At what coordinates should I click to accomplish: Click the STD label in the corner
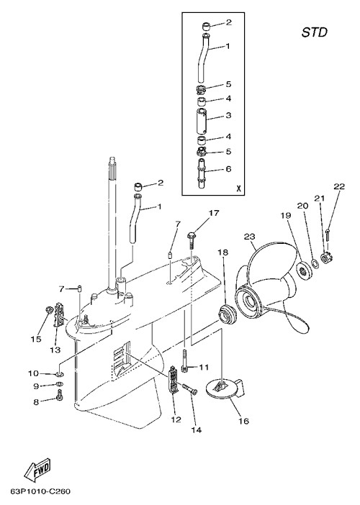[x=314, y=32]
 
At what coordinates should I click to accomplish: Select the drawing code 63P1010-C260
[x=40, y=492]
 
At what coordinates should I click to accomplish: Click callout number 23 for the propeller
[x=249, y=237]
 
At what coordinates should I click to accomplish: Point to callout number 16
[x=244, y=421]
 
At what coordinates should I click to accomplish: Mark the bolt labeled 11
[x=184, y=362]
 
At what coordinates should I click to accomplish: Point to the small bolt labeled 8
[x=59, y=395]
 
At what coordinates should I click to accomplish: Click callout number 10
[x=33, y=373]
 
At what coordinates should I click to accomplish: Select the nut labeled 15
[x=49, y=310]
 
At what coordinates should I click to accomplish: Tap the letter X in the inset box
[x=238, y=188]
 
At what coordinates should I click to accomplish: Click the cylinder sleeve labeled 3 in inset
[x=203, y=120]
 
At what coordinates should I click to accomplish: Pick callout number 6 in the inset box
[x=228, y=169]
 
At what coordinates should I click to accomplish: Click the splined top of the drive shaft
[x=113, y=163]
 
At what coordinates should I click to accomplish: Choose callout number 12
[x=176, y=419]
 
